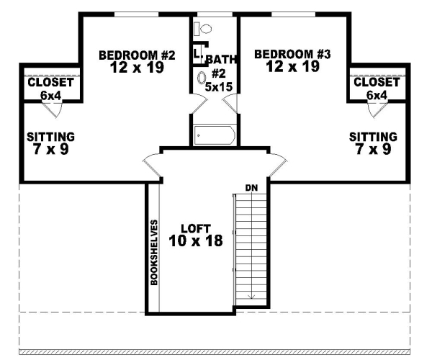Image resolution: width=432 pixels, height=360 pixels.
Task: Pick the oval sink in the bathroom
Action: pos(201,78)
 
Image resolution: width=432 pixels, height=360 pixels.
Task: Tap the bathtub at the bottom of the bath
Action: pos(214,135)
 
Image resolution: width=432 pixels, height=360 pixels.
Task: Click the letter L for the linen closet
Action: pos(196,52)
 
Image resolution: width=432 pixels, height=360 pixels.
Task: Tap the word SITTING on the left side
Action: pos(50,136)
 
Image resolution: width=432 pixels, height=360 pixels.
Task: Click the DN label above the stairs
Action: pos(251,188)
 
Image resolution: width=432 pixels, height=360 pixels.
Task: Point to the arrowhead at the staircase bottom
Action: pos(252,295)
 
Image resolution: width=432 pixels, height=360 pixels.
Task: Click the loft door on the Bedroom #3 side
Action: pos(274,163)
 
